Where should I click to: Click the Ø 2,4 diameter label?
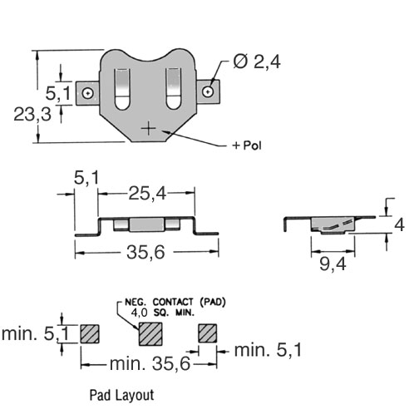pyautogui.click(x=257, y=62)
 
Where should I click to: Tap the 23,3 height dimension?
pyautogui.click(x=32, y=114)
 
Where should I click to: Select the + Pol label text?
pyautogui.click(x=247, y=145)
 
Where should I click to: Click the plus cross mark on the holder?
pyautogui.click(x=149, y=129)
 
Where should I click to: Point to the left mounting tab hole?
pyautogui.click(x=88, y=93)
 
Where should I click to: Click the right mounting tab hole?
pyautogui.click(x=208, y=91)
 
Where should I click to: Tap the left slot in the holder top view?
pyautogui.click(x=122, y=89)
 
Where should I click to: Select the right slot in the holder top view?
pyautogui.click(x=174, y=88)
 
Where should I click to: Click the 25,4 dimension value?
pyautogui.click(x=147, y=194)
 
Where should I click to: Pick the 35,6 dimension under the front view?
pyautogui.click(x=145, y=253)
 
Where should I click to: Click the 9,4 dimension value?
pyautogui.click(x=333, y=264)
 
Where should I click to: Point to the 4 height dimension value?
pyautogui.click(x=399, y=224)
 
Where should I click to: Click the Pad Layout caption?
pyautogui.click(x=121, y=395)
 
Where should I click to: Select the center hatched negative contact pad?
pyautogui.click(x=150, y=334)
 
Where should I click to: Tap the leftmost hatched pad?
pyautogui.click(x=90, y=333)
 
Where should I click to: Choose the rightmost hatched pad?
pyautogui.click(x=208, y=333)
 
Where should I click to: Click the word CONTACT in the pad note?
pyautogui.click(x=173, y=302)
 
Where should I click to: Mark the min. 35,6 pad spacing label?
pyautogui.click(x=150, y=363)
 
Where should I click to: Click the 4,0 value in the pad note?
pyautogui.click(x=139, y=313)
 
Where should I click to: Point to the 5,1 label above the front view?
pyautogui.click(x=86, y=178)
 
